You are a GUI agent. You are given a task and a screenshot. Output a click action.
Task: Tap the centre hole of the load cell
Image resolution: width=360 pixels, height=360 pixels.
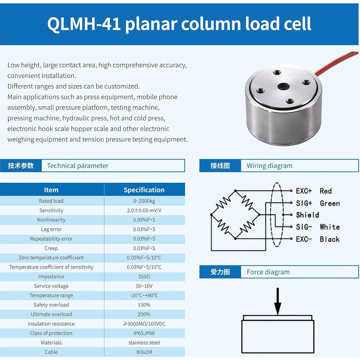[284, 87]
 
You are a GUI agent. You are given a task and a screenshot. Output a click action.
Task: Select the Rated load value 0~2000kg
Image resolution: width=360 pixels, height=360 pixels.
[144, 201]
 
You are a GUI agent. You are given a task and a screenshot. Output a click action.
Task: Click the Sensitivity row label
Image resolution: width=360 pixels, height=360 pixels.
[51, 210]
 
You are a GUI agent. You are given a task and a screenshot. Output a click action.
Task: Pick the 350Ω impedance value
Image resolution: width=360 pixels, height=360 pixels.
[144, 277]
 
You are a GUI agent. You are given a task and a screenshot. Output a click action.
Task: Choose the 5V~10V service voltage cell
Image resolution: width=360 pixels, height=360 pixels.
[144, 286]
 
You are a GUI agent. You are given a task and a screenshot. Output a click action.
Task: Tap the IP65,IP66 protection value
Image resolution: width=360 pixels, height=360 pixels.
[144, 333]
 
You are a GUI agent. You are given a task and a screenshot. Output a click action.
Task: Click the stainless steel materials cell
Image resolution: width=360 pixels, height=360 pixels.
[144, 343]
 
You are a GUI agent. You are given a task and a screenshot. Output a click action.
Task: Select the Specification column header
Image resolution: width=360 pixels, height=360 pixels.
[144, 190]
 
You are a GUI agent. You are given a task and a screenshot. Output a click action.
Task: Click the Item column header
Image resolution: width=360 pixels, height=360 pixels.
[51, 190]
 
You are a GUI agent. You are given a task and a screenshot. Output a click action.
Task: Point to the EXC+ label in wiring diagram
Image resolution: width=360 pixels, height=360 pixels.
[304, 191]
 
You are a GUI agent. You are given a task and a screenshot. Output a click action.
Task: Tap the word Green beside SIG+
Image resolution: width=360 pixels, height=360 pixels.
[330, 203]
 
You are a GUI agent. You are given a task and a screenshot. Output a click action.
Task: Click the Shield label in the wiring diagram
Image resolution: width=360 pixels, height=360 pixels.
[307, 215]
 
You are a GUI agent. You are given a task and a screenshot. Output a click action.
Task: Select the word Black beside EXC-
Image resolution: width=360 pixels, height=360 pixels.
[329, 239]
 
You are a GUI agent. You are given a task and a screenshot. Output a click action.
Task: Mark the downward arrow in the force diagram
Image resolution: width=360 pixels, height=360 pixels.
[278, 303]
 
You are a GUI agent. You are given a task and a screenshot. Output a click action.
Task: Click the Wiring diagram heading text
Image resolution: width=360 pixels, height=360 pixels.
[270, 166]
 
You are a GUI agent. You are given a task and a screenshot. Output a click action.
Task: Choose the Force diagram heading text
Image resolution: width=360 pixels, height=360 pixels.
[268, 272]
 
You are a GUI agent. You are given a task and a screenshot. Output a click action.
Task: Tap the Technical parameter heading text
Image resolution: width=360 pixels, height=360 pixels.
[78, 166]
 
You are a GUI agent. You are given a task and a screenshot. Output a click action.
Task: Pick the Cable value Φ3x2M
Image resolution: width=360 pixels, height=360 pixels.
[144, 352]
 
